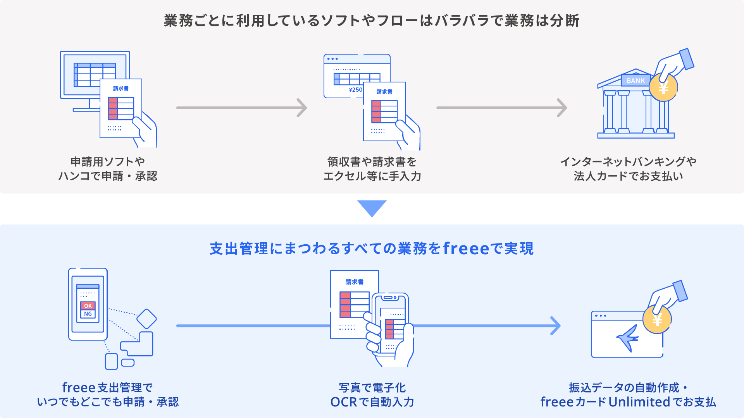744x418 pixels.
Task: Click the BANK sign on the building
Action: point(635,81)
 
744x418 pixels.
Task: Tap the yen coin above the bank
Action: point(663,88)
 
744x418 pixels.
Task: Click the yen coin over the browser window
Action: point(657,320)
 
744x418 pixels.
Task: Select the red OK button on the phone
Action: point(88,306)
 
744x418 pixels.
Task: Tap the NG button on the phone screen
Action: point(88,314)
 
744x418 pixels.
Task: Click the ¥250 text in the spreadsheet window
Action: point(355,90)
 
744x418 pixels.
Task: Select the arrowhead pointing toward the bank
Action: point(562,108)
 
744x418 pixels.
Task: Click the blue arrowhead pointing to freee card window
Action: point(556,325)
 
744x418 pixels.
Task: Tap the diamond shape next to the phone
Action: point(146,319)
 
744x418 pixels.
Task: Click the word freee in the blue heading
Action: point(466,248)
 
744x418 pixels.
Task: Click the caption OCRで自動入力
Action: point(372,402)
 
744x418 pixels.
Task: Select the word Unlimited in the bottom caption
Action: point(639,402)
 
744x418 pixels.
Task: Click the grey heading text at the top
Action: point(372,21)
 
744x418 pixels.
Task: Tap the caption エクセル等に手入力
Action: point(372,176)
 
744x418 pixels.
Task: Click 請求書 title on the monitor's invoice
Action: point(121,89)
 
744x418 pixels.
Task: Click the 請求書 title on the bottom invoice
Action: point(355,282)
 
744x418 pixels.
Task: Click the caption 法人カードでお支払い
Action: point(628,176)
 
